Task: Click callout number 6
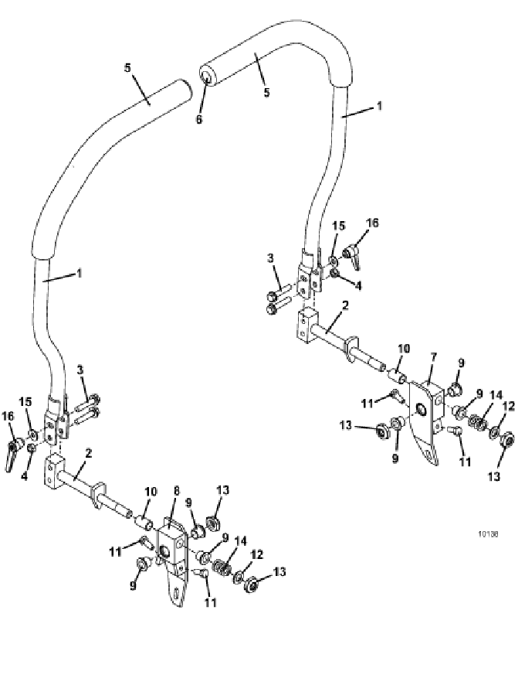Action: [199, 118]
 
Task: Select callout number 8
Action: [176, 491]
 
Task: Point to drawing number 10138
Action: [488, 533]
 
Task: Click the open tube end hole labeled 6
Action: [205, 77]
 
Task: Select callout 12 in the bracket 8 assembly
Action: [257, 555]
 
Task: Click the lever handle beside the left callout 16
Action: [13, 456]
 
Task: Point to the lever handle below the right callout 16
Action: [353, 257]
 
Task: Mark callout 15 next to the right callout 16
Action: [339, 226]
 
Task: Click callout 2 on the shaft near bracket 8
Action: [89, 453]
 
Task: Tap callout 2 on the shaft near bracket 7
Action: [345, 305]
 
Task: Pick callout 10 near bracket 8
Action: [150, 492]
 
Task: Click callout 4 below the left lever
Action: [24, 475]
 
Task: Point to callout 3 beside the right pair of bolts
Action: [270, 257]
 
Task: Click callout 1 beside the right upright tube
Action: [379, 106]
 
